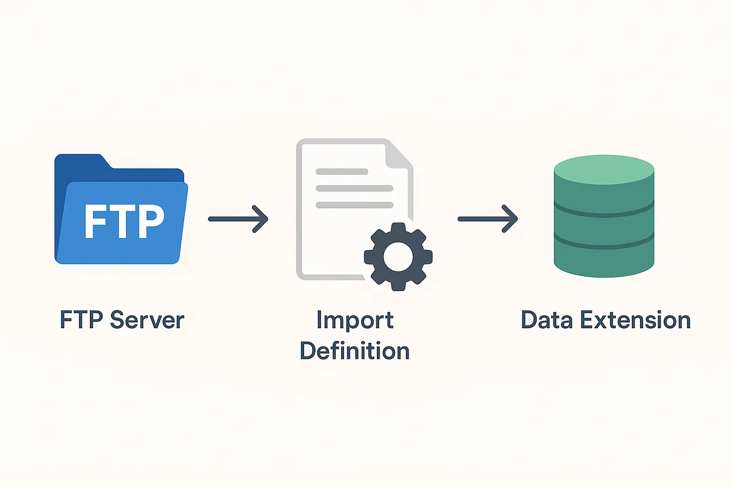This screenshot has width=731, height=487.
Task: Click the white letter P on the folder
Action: [150, 221]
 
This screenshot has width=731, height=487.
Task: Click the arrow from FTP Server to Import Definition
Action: [238, 219]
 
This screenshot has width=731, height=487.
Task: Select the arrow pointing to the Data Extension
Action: [487, 219]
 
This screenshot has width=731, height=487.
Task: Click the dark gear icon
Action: [398, 257]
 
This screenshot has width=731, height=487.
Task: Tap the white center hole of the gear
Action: [398, 257]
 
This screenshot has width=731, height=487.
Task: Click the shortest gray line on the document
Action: [341, 172]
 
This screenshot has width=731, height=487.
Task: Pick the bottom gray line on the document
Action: [354, 205]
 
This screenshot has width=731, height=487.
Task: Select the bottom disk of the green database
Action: [604, 260]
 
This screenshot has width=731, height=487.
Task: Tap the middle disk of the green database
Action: [604, 228]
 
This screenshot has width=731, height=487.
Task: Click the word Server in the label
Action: [147, 320]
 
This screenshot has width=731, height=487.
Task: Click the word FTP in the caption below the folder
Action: [81, 320]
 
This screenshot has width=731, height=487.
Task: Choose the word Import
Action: [355, 321]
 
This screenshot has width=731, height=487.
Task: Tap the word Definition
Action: [355, 351]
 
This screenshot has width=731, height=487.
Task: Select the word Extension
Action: [635, 320]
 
